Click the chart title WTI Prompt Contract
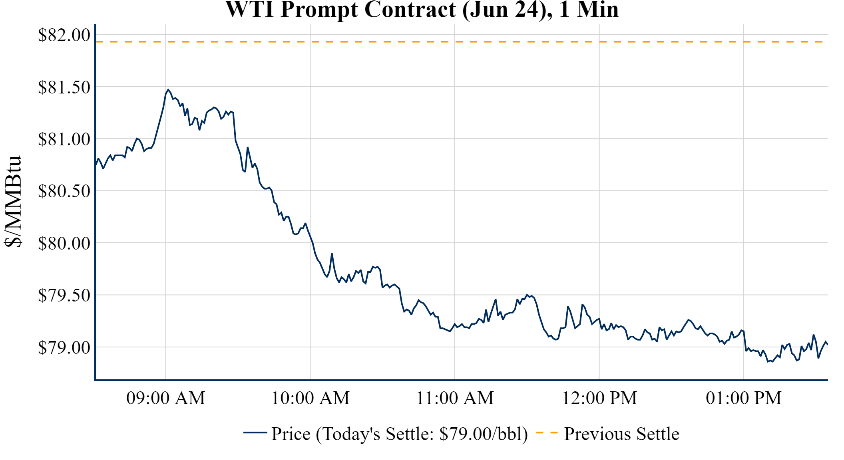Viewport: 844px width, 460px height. pos(422,10)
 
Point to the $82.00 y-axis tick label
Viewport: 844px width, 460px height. pos(64,35)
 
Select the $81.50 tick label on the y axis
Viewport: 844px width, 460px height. pos(64,87)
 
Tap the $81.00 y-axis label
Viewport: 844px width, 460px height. pos(64,139)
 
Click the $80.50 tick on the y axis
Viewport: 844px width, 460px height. pos(64,191)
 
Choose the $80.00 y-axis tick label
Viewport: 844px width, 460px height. pos(64,243)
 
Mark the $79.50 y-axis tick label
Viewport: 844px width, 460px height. pos(64,295)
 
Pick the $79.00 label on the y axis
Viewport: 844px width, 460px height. pos(64,347)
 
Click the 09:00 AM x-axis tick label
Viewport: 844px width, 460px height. pos(166,398)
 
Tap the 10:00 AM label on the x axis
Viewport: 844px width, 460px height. pos(311,398)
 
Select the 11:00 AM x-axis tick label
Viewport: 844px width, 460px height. pos(455,398)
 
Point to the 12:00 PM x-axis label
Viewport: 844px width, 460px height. pos(599,398)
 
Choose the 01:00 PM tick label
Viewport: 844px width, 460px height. pos(744,398)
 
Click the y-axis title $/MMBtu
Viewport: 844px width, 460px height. pos(13,202)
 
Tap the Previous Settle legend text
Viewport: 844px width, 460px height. pos(621,434)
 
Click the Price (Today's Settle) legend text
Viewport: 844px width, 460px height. pos(400,434)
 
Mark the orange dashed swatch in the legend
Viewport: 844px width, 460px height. pos(547,432)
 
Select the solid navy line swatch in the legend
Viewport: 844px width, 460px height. pos(255,432)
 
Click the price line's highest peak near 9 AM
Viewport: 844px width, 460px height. pos(168,90)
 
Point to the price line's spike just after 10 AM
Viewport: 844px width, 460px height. pos(332,254)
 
